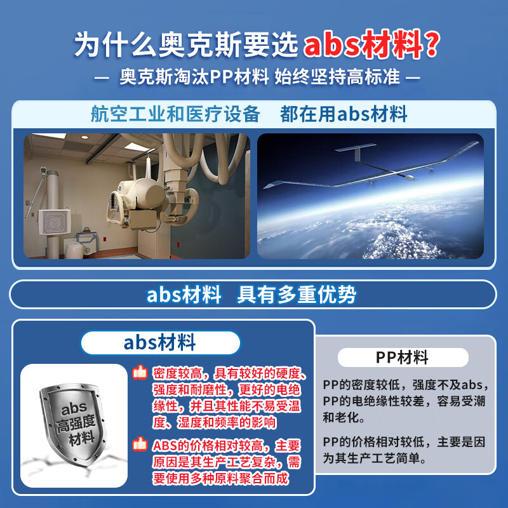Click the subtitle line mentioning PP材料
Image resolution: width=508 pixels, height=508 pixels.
257,77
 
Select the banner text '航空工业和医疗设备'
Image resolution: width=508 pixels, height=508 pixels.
175,114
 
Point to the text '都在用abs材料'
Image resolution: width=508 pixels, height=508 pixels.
344,114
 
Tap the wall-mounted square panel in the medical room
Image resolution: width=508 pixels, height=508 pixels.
54,222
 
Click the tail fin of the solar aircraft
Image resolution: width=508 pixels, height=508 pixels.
356,152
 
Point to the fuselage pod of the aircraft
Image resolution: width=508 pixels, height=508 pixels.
409,177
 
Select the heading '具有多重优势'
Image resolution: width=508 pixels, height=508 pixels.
297,295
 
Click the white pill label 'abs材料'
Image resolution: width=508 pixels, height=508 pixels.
161,343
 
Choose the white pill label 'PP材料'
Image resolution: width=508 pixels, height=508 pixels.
403,358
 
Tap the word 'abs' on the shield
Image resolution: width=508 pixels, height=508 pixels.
74,409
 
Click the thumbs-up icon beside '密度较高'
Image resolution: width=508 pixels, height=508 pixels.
140,372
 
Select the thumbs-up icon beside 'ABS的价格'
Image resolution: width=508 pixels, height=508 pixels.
140,444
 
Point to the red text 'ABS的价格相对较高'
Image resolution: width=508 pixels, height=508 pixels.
208,446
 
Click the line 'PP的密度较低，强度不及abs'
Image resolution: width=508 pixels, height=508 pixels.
406,385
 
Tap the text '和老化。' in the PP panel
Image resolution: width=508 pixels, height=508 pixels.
344,417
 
